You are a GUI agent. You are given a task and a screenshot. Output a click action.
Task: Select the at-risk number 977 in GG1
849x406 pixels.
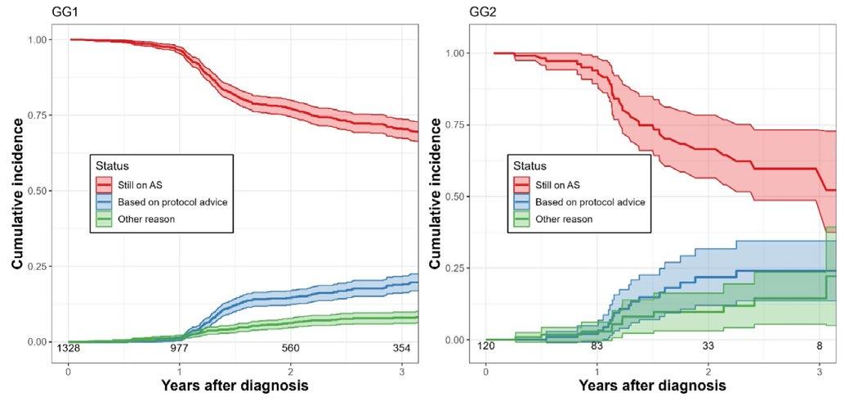(x=179, y=348)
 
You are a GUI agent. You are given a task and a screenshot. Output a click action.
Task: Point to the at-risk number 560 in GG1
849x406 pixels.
(x=291, y=348)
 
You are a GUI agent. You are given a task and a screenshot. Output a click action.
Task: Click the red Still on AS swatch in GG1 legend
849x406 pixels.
(x=105, y=183)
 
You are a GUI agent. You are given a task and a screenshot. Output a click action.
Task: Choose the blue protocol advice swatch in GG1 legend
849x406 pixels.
(x=105, y=201)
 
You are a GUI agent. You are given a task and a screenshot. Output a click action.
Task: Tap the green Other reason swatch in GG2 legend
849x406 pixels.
(x=521, y=219)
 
